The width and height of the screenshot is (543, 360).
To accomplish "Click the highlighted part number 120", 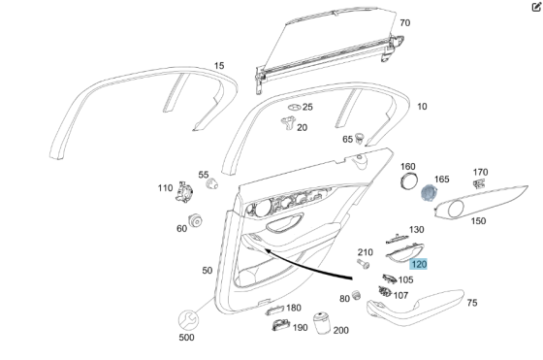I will pos(418,264).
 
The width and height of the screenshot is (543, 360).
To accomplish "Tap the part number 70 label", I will pos(404,23).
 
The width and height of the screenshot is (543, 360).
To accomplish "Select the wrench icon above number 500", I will pos(186,318).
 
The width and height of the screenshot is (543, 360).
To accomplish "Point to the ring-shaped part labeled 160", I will pos(408,182).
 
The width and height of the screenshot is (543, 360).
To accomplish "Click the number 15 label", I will pos(219,66).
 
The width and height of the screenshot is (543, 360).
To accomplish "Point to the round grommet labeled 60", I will pos(195,222).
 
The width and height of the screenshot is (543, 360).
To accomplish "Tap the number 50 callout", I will pos(207,271).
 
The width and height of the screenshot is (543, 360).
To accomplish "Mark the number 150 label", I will pos(478,221).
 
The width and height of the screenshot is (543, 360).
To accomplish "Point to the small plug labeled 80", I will pos(358,293).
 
